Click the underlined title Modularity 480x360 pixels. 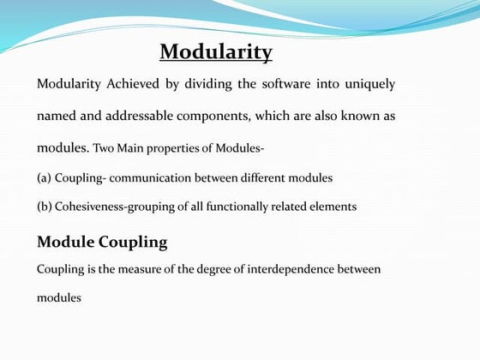[216, 52]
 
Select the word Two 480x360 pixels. [105, 148]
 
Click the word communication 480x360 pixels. [150, 177]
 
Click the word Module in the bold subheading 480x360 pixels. [65, 242]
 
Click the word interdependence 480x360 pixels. [291, 269]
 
